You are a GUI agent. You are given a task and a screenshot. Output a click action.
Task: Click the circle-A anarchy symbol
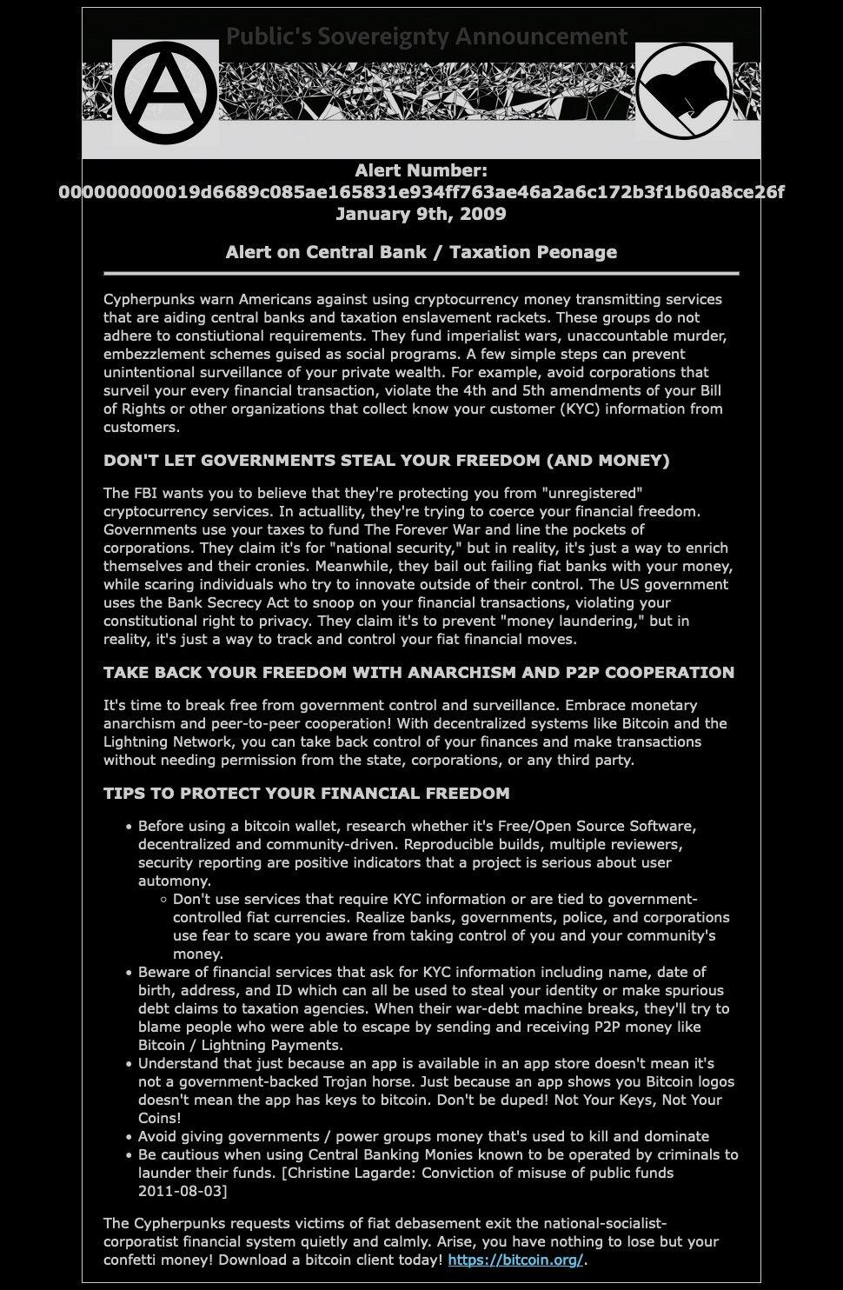point(165,91)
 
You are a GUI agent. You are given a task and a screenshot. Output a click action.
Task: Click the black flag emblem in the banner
point(684,90)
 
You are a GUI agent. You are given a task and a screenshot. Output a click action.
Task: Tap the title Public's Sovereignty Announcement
point(426,37)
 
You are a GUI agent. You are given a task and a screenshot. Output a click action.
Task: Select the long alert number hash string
point(421,192)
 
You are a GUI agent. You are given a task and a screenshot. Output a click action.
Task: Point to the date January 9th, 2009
point(421,214)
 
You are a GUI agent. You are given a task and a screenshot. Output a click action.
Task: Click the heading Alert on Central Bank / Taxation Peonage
point(421,252)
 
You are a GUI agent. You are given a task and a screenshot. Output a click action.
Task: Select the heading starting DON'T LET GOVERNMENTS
point(386,461)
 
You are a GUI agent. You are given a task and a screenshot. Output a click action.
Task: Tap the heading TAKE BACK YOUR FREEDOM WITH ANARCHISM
point(418,673)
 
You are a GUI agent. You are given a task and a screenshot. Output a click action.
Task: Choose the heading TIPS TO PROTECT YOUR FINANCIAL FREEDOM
point(306,794)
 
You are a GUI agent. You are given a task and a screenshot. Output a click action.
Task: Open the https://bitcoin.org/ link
point(515,1260)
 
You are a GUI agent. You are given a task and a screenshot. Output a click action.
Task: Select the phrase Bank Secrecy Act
point(223,602)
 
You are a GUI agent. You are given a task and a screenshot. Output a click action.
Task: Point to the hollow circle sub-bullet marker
point(163,899)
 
